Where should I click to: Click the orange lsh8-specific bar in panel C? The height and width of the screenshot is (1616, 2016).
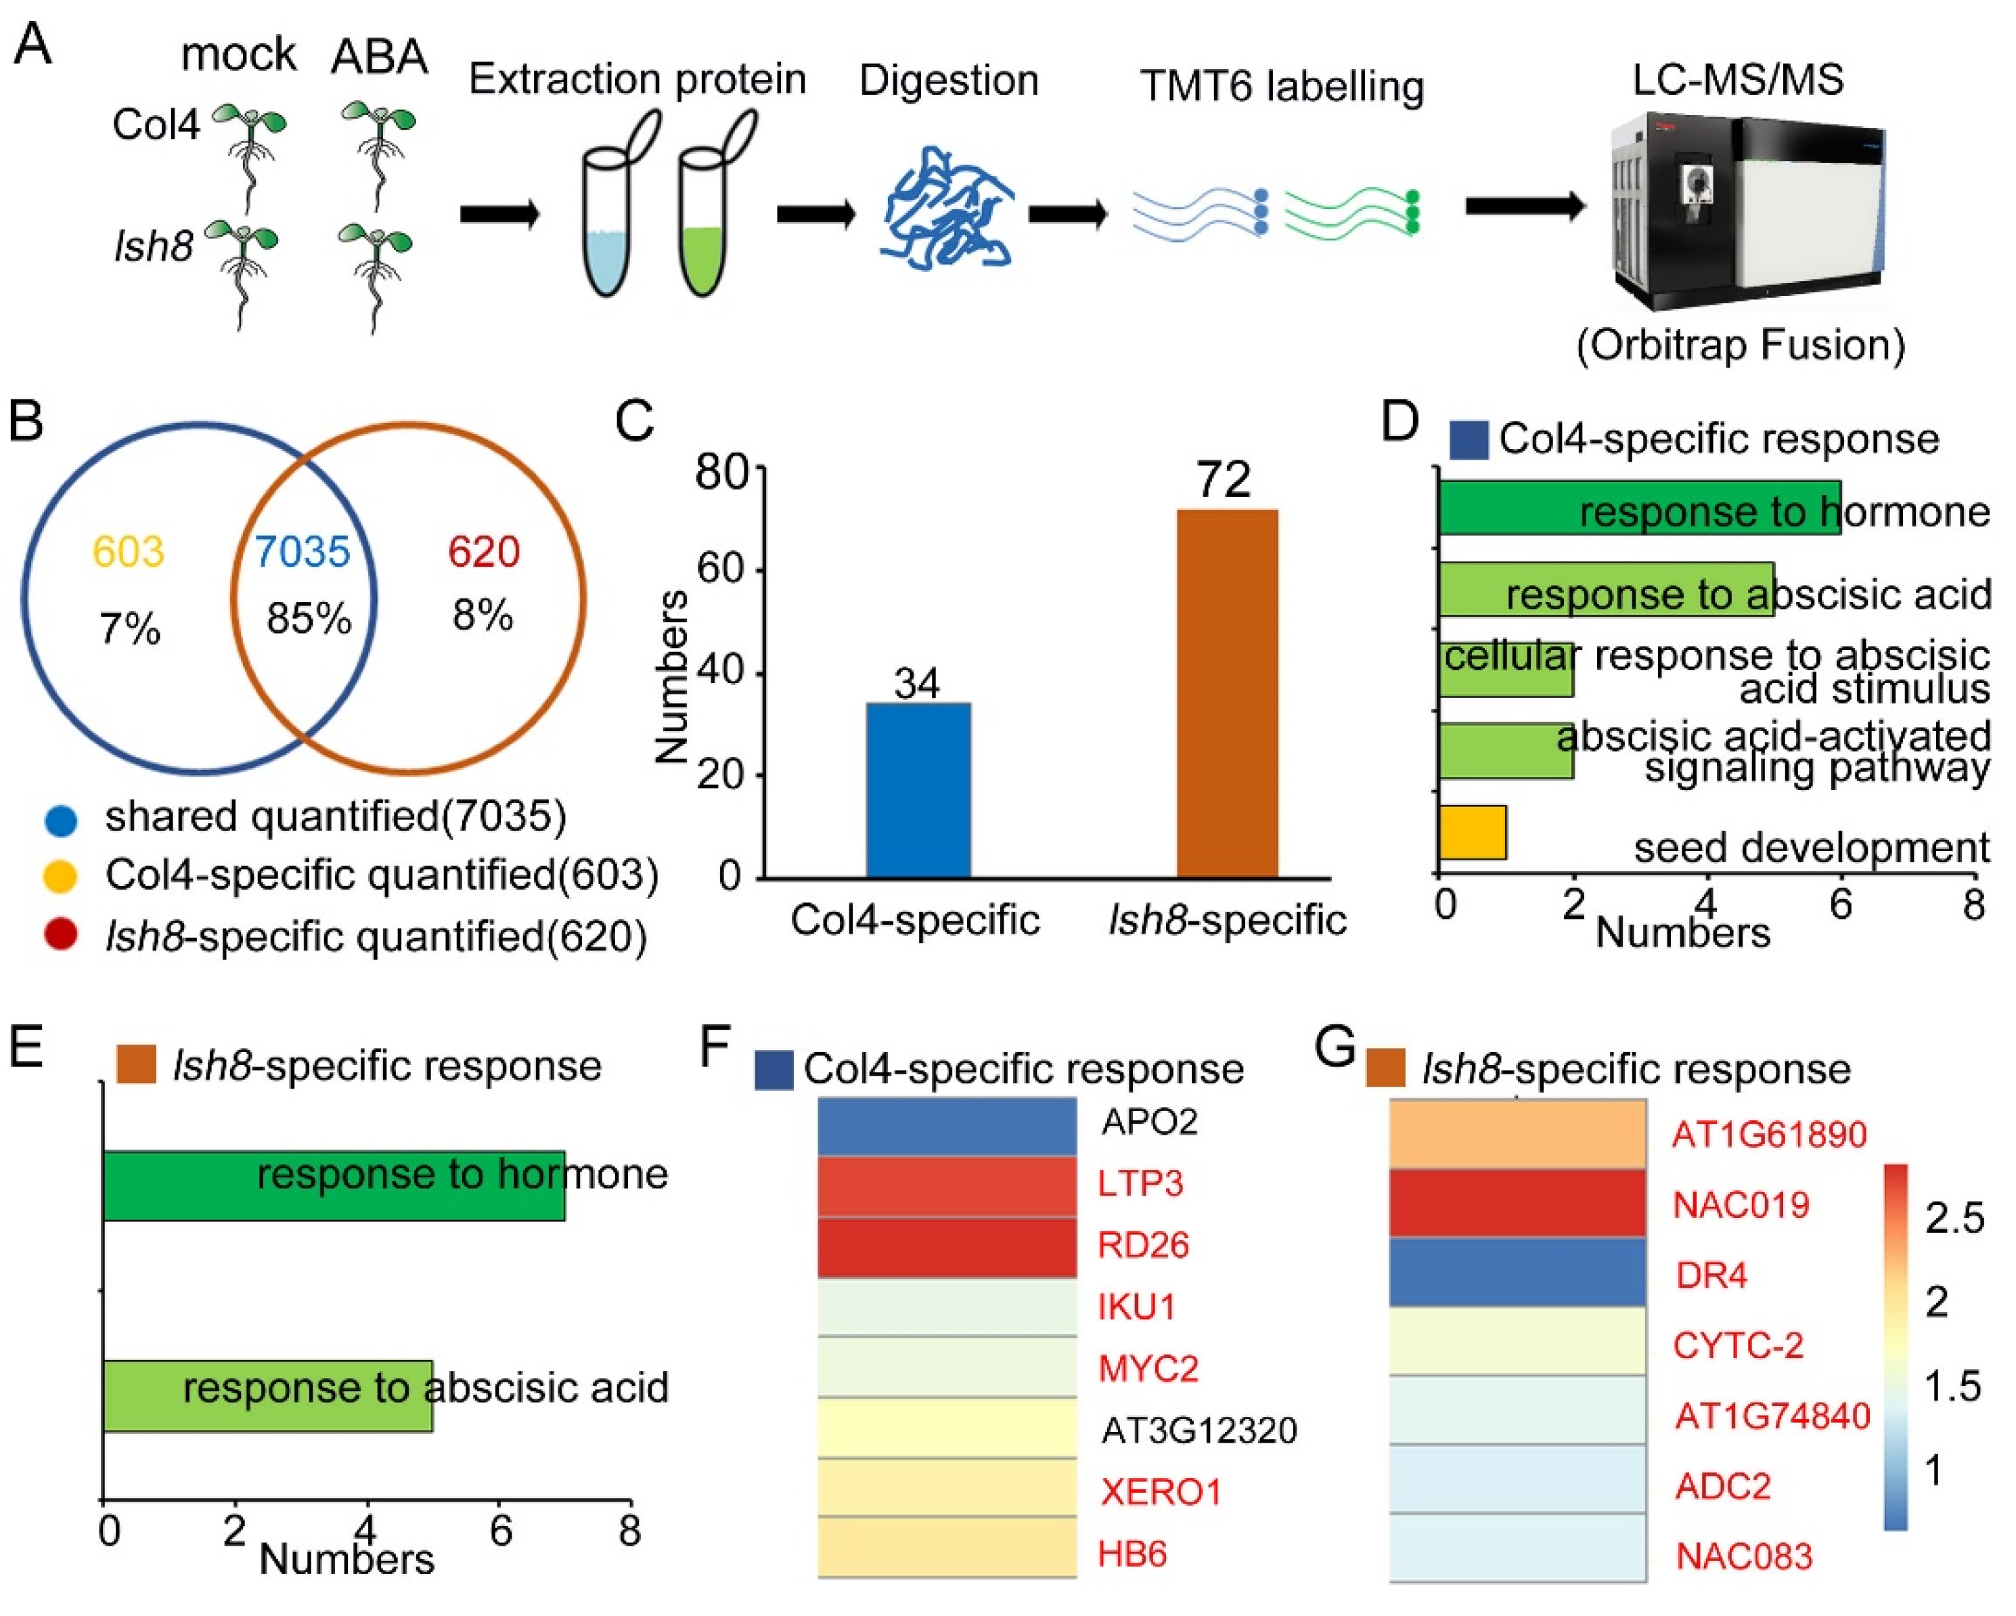point(1227,692)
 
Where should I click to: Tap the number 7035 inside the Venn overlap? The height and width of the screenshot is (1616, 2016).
point(302,551)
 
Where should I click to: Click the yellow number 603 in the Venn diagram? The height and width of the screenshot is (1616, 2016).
point(128,551)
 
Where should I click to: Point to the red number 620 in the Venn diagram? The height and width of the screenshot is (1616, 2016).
point(483,551)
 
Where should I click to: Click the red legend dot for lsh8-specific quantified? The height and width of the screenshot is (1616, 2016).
point(62,934)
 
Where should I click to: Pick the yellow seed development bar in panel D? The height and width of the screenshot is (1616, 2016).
point(1472,831)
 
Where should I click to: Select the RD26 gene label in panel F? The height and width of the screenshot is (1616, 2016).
point(1142,1245)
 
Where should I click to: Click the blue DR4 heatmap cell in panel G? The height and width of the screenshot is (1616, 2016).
point(1517,1272)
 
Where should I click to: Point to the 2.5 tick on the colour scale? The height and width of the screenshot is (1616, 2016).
point(1953,1218)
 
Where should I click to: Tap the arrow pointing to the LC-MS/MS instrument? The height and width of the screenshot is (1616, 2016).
point(1524,206)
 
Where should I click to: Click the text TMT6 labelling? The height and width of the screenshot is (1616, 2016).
point(1281,86)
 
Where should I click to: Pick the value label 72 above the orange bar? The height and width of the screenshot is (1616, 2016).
point(1223,481)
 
